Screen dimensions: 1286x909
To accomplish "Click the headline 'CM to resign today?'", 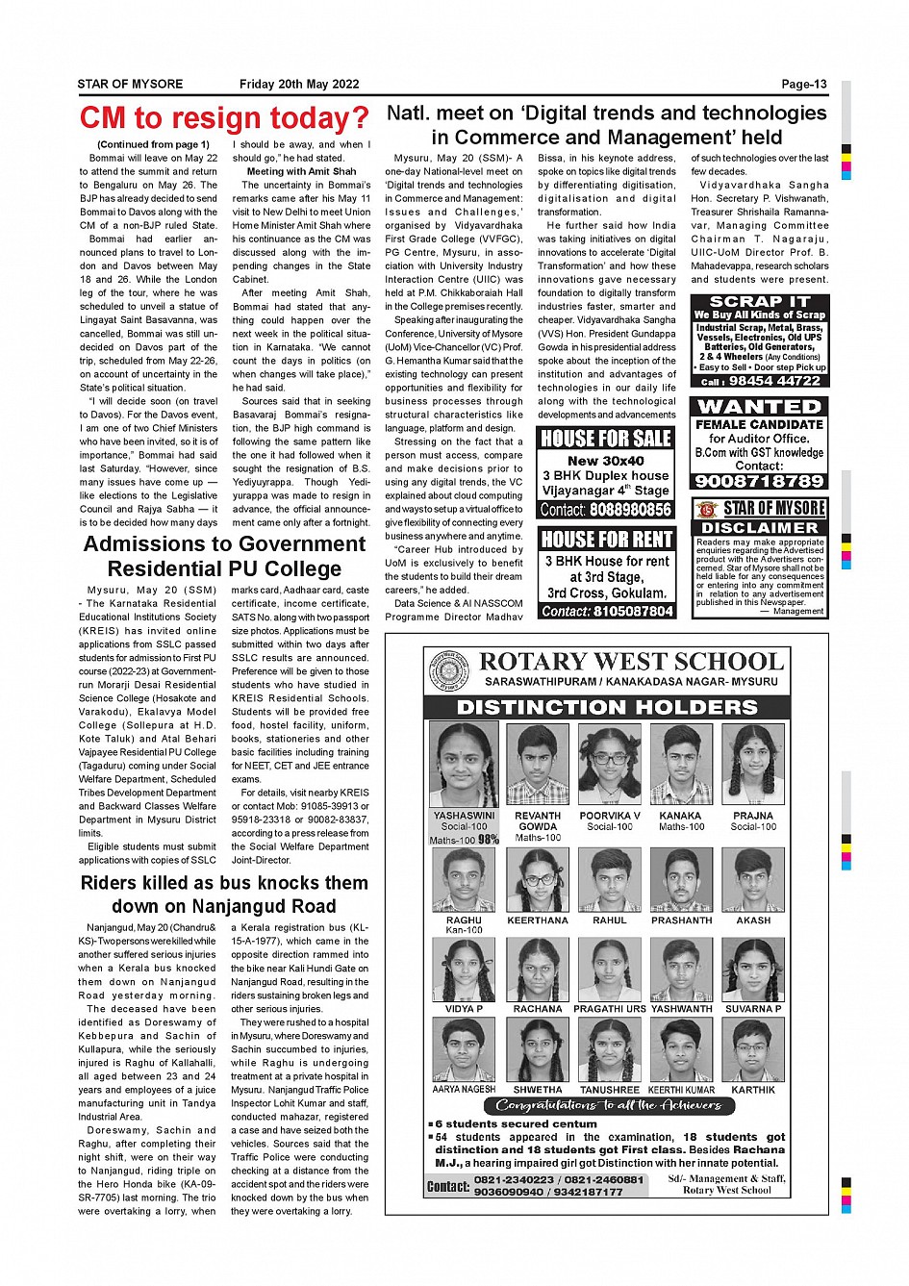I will pos(224,118).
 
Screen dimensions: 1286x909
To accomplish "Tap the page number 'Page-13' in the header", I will pos(803,85).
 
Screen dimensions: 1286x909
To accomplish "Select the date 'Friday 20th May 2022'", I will pos(299,85).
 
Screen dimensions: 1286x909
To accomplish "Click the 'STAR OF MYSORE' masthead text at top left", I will pos(130,85).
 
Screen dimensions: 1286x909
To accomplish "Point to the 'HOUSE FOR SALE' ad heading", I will pos(606,439).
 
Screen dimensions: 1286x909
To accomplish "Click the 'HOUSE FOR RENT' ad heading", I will pos(606,540).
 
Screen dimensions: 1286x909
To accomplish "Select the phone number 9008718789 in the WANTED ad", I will pos(759,481).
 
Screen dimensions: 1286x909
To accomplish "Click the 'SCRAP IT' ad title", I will pos(759,302).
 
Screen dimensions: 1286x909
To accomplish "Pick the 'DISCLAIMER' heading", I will pos(759,528).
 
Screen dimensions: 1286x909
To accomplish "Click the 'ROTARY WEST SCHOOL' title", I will pos(631,662).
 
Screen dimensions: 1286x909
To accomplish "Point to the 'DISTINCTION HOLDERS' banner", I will pos(606,707).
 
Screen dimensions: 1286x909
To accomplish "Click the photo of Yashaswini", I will pos(464,766).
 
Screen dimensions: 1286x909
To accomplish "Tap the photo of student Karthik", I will pos(753,1050).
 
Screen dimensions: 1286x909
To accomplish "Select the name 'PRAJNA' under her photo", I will pos(753,816).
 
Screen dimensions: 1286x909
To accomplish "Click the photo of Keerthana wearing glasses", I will pos(538,879).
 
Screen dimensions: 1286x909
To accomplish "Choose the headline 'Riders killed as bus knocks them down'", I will pos(224,895).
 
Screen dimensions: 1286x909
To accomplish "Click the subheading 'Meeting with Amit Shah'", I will pos(301,172).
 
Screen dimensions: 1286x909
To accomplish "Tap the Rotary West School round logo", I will pos(449,671).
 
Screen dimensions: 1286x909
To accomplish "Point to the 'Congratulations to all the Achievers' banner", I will pos(607,1105).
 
